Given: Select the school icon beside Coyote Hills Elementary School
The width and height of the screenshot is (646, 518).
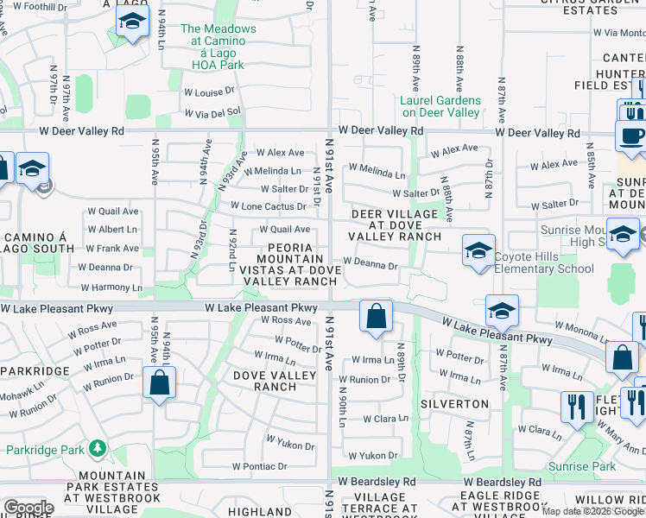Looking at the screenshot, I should click(478, 250).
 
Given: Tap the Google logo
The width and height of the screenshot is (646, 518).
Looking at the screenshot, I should click(28, 508).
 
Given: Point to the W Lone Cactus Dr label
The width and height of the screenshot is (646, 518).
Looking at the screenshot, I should click(268, 206).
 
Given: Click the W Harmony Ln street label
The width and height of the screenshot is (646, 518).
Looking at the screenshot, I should click(111, 287).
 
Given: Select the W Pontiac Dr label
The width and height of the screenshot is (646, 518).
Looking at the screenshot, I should click(259, 466).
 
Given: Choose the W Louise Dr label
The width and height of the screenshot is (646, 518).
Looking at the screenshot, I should click(209, 90).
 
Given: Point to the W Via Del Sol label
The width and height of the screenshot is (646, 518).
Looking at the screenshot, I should click(211, 113).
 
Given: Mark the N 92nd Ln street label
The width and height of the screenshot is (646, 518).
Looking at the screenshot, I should click(233, 250).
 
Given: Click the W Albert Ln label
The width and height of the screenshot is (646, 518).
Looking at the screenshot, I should click(113, 230).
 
